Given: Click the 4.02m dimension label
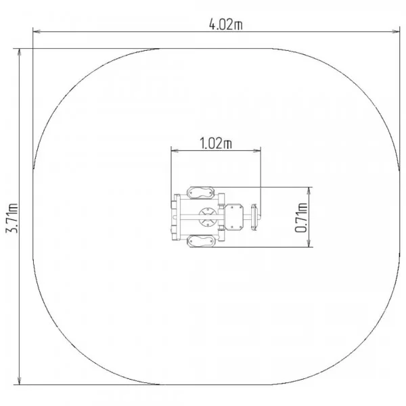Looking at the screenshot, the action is pyautogui.click(x=226, y=24).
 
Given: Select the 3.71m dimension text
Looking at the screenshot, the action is pyautogui.click(x=12, y=218).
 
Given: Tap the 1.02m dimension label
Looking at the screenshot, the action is pyautogui.click(x=216, y=143).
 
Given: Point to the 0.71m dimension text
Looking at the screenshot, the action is pyautogui.click(x=301, y=218).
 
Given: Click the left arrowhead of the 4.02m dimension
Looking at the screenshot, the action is pyautogui.click(x=37, y=32).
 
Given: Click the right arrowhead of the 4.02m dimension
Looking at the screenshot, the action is pyautogui.click(x=396, y=32).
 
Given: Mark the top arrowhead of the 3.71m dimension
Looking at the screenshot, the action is pyautogui.click(x=19, y=52).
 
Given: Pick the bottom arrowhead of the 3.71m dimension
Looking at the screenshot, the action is pyautogui.click(x=19, y=380).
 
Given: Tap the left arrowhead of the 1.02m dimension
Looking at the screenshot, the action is pyautogui.click(x=175, y=150).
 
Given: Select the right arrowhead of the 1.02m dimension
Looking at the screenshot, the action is pyautogui.click(x=257, y=150).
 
